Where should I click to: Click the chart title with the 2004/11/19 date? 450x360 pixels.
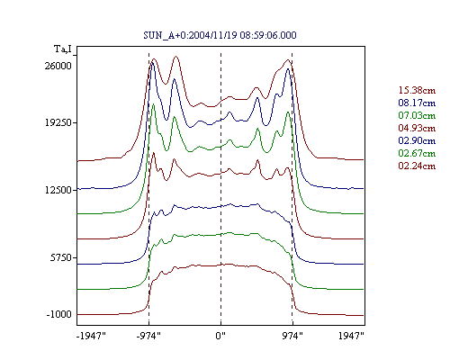tap(220, 35)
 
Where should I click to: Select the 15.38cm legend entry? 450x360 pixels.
tap(417, 90)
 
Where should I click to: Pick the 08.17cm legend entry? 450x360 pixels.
tap(417, 103)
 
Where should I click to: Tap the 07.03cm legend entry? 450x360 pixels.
tap(417, 115)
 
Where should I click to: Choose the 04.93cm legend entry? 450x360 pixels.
tap(417, 128)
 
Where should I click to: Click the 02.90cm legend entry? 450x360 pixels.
tap(417, 140)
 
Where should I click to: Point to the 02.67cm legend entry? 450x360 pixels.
tap(417, 153)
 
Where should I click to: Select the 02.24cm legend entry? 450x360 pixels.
tap(417, 166)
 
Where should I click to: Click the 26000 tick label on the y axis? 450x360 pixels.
tap(58, 66)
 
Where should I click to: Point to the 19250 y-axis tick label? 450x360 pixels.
tap(58, 122)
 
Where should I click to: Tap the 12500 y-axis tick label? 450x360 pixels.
tap(58, 190)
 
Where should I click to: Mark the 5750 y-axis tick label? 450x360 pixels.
tap(61, 257)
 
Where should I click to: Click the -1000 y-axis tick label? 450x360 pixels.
tap(59, 314)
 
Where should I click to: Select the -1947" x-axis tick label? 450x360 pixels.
tap(91, 336)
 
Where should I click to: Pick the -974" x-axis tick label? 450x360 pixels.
tap(148, 336)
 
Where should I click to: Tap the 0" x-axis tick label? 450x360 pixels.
tap(220, 336)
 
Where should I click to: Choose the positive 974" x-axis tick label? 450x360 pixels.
tap(292, 336)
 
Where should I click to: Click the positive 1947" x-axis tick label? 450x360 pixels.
tap(351, 336)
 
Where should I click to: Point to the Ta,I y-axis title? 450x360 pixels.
tap(63, 49)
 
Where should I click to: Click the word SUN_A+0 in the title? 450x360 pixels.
tap(165, 35)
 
